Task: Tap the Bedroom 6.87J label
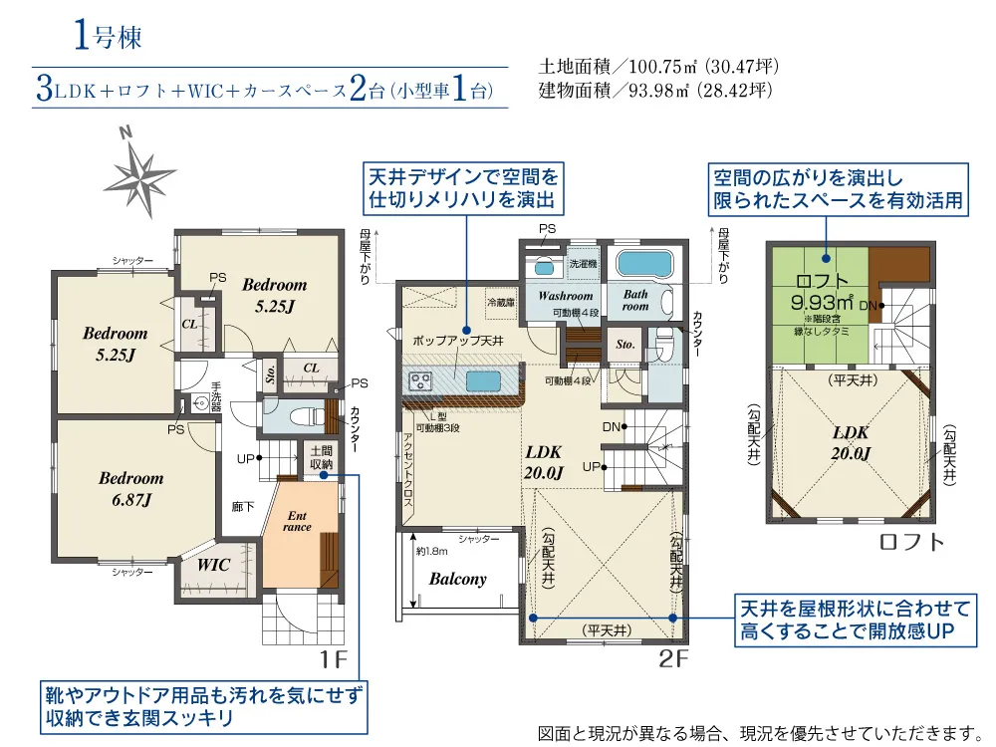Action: [130, 488]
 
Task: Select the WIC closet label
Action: [213, 565]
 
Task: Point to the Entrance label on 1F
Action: [298, 521]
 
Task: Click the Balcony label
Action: [457, 579]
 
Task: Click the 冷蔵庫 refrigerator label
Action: [499, 301]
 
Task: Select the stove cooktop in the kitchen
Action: [419, 380]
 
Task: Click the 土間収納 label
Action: [320, 457]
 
